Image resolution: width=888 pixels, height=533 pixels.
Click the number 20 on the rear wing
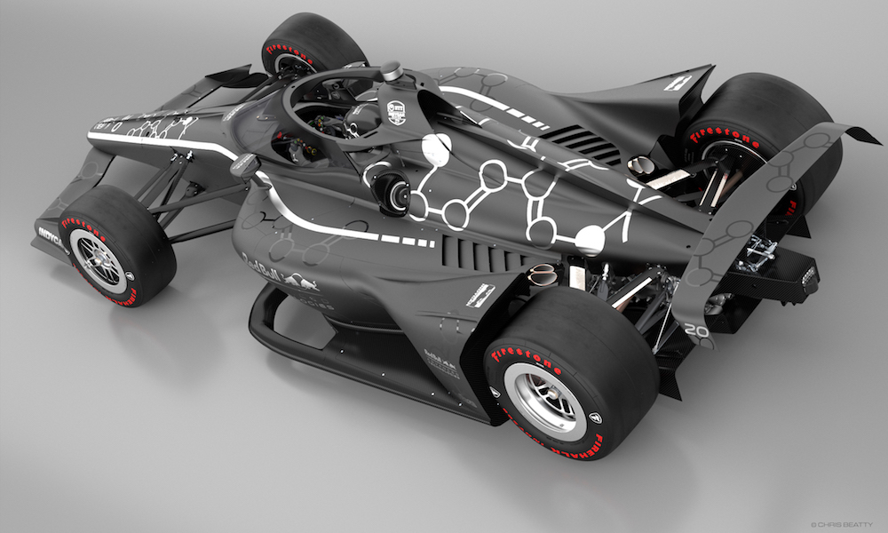tap(695, 330)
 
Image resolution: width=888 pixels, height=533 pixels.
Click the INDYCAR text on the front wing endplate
tap(53, 237)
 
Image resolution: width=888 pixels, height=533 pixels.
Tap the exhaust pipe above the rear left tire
tap(542, 275)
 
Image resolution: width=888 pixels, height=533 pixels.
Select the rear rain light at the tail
tap(808, 276)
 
